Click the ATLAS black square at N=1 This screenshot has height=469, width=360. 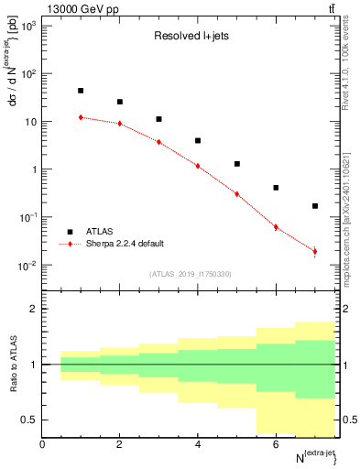point(81,91)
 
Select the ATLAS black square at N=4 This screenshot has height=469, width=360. point(198,141)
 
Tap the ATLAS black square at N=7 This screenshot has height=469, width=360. point(315,206)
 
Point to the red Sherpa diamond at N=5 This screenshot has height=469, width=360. point(237,194)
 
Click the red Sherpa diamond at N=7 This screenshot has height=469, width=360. point(315,251)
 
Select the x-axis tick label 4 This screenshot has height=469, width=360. point(198,444)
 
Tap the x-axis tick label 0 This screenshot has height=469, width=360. point(42,444)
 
